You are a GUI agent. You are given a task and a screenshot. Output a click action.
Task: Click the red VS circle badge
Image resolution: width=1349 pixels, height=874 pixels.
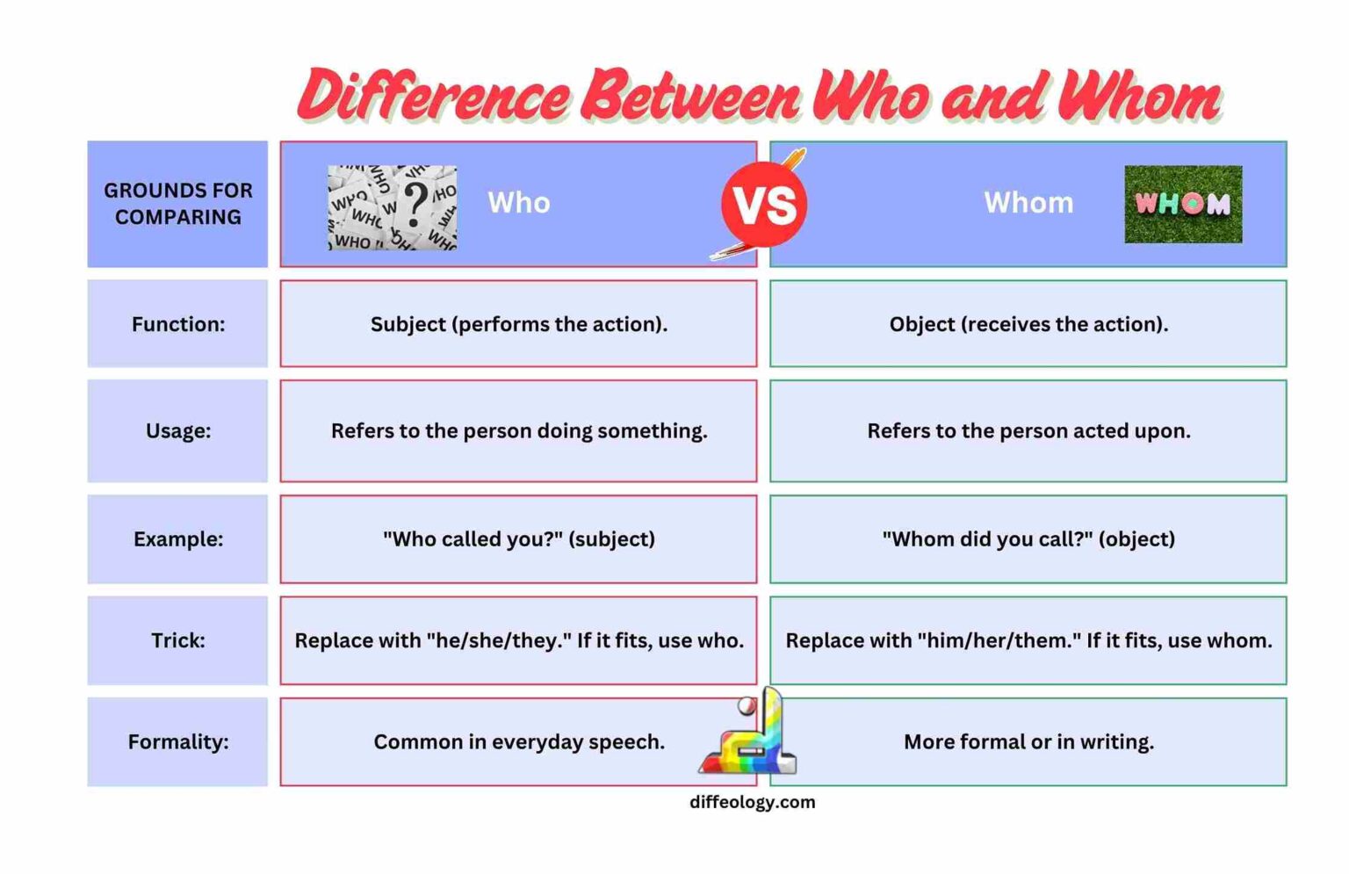click(x=763, y=204)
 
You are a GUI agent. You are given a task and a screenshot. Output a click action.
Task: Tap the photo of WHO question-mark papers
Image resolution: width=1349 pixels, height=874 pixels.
click(x=392, y=207)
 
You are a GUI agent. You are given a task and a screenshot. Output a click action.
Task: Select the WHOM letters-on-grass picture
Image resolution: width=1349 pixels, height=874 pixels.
click(x=1182, y=204)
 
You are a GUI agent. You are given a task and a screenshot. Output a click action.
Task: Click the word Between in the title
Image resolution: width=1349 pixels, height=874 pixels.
click(x=690, y=95)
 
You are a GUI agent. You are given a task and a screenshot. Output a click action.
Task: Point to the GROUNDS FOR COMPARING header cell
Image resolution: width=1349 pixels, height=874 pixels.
click(x=177, y=204)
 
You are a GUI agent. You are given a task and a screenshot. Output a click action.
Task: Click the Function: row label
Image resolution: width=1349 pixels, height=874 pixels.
click(x=177, y=324)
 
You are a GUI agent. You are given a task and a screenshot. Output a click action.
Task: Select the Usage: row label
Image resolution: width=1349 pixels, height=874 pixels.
click(x=177, y=430)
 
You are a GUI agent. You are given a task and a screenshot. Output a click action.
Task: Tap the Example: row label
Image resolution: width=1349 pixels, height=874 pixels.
click(x=177, y=538)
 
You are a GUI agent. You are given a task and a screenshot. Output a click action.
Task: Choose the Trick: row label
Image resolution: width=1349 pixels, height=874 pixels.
click(x=177, y=640)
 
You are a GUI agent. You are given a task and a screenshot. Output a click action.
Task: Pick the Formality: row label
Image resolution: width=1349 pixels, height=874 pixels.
click(x=177, y=741)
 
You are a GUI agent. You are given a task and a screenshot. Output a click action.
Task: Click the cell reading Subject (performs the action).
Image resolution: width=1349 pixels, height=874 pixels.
click(x=518, y=324)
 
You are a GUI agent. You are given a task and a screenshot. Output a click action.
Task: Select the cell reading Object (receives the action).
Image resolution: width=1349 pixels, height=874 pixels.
click(x=1028, y=324)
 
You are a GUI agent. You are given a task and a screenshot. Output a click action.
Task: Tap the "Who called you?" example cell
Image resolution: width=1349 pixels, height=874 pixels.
click(x=518, y=538)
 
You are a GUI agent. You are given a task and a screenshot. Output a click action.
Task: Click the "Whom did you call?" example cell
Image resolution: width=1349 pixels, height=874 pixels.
click(x=1028, y=538)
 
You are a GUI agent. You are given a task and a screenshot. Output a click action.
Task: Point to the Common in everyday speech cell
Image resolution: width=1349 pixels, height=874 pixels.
click(x=518, y=741)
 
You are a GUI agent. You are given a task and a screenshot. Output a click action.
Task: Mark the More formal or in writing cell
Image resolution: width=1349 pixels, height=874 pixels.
click(x=1028, y=741)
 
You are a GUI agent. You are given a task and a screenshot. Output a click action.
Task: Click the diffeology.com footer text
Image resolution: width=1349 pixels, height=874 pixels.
click(x=752, y=802)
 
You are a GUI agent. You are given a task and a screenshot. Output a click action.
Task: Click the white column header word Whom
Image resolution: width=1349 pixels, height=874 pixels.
click(x=1028, y=203)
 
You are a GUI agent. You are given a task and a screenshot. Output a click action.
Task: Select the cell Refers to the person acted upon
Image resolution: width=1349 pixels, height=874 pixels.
click(x=1028, y=430)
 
